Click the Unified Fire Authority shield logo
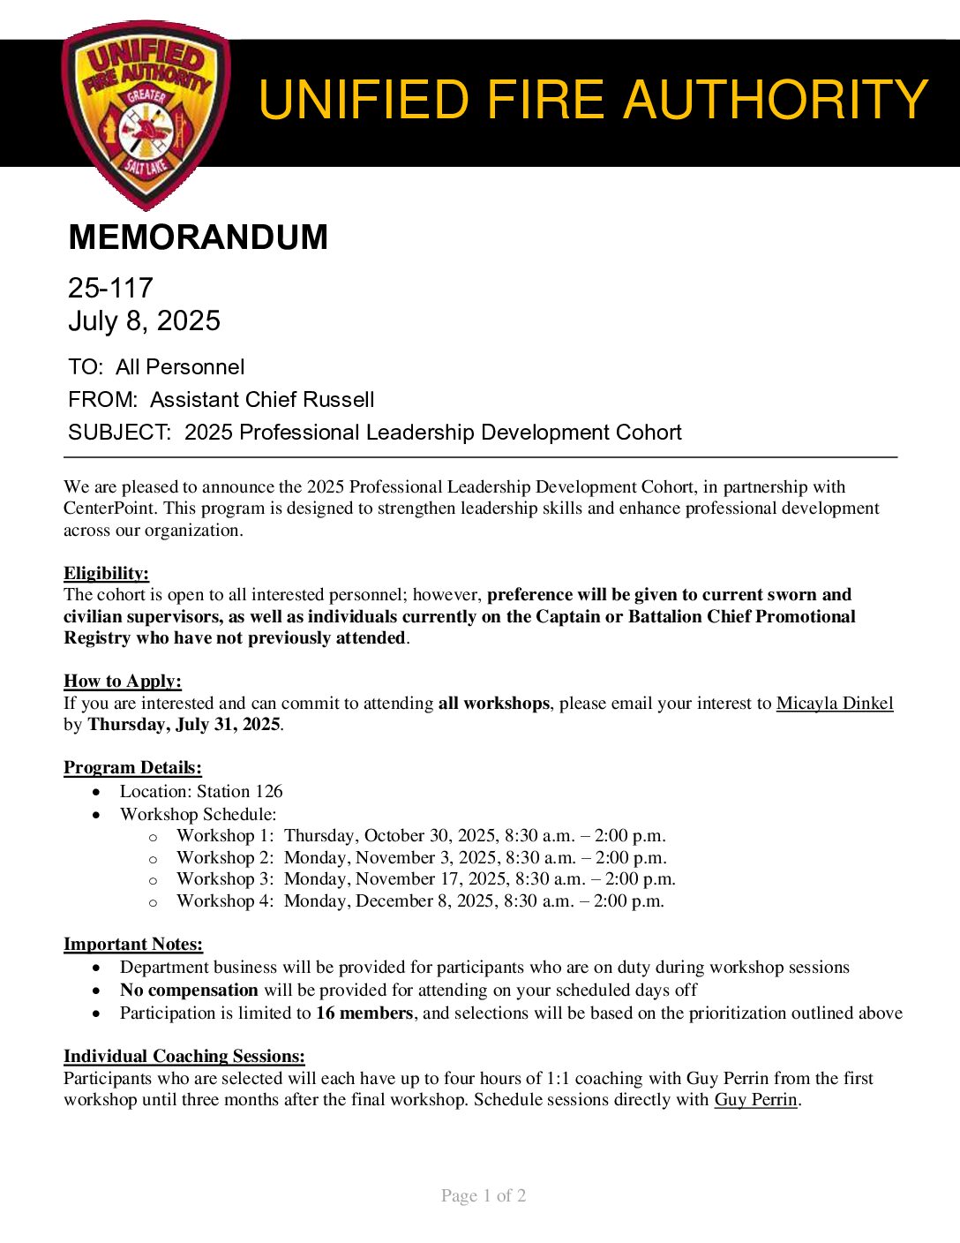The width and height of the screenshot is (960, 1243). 146,114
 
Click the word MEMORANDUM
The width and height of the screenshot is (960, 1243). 198,237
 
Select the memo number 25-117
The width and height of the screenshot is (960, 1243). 110,288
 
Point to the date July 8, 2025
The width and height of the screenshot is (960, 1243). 144,320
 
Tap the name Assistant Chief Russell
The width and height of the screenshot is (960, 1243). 262,400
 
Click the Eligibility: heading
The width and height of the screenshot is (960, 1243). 106,574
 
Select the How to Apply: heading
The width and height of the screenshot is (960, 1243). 123,682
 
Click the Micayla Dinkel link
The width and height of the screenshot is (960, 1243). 834,704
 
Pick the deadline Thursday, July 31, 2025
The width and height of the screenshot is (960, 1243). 184,725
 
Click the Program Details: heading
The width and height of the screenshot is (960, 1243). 132,768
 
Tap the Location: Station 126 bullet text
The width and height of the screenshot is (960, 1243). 201,792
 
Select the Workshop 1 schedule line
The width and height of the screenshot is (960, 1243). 421,836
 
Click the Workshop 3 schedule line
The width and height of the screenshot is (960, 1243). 425,879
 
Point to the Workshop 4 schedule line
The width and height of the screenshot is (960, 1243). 420,901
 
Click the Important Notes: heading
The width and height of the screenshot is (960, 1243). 133,945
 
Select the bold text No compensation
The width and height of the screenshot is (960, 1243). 189,991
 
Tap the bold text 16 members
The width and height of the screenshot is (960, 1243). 364,1013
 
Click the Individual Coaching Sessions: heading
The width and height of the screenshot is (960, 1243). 184,1057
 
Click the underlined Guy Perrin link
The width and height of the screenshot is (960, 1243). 755,1100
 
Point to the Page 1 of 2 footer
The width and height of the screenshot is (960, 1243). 484,1196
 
